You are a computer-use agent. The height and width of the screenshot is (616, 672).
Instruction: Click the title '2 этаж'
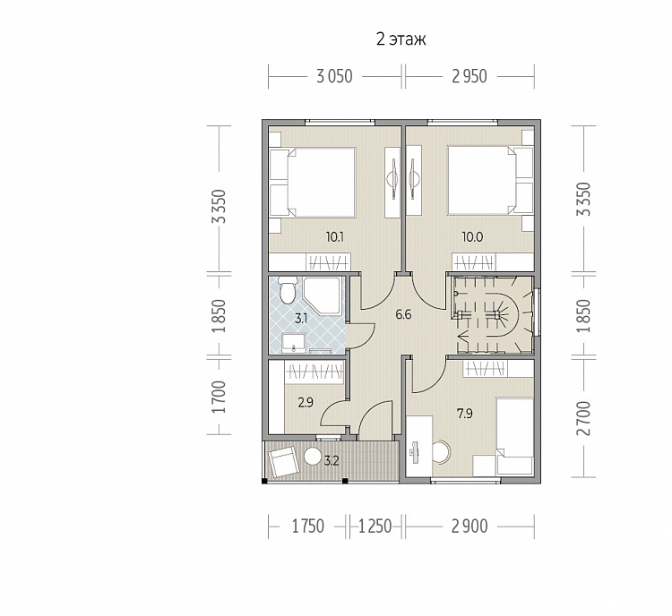point(401,39)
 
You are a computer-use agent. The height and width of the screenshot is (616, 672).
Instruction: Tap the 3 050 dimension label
point(334,77)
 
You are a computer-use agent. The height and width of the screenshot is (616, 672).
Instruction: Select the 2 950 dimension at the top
point(470,77)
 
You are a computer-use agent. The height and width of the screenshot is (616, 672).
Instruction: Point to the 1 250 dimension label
point(375,526)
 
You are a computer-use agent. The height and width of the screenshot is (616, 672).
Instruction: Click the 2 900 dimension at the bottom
point(470,526)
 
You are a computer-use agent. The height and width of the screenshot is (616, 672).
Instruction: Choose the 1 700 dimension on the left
point(219,397)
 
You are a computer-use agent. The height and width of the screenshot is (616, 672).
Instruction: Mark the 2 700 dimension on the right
point(583,418)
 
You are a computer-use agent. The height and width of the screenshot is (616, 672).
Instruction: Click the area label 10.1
point(335,237)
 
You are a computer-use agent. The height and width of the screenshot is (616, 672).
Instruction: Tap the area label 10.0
point(473,237)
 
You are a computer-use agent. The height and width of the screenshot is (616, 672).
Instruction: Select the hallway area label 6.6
point(403,315)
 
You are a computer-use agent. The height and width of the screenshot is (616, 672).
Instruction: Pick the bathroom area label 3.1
point(300,319)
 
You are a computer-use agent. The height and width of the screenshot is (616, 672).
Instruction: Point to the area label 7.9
point(464,414)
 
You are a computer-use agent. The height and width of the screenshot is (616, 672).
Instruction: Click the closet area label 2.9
point(306,403)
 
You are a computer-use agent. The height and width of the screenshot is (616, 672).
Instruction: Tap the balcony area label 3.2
point(332,461)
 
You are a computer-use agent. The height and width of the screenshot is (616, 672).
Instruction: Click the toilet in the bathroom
point(286,289)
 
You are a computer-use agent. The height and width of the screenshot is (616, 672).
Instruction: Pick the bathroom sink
point(294,344)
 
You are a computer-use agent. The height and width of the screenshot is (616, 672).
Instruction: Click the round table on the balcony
point(313,456)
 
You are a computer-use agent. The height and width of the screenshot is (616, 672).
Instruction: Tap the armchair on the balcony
point(282,462)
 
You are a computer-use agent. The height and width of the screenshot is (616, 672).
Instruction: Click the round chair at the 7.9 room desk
point(441,452)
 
